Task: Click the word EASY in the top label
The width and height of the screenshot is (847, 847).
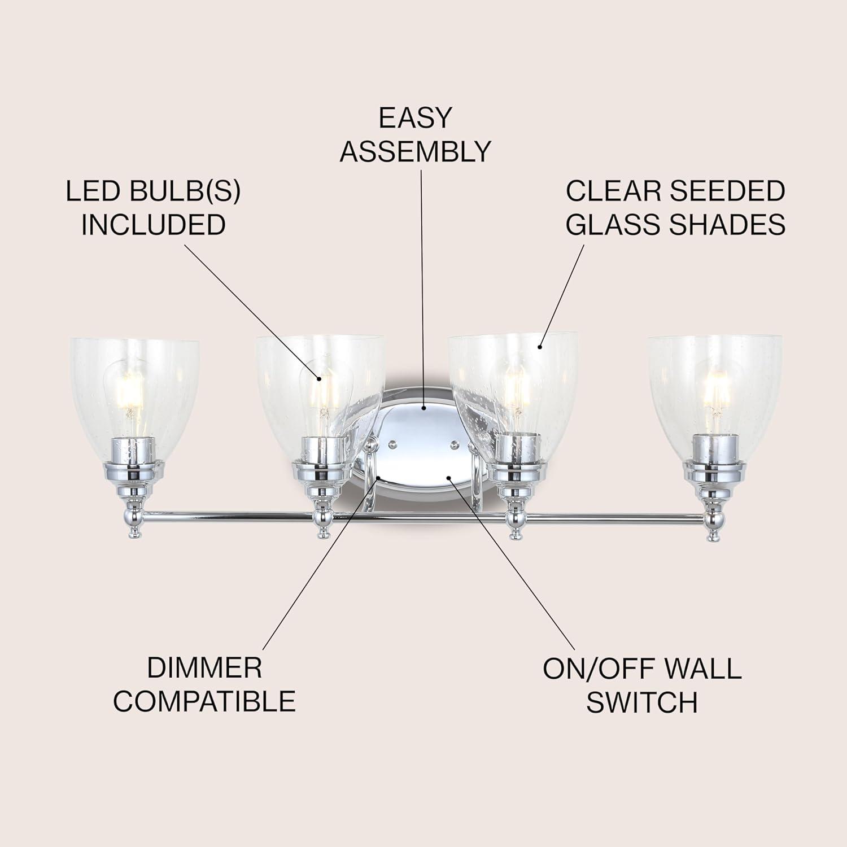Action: [x=416, y=117]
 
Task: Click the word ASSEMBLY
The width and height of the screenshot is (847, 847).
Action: [x=416, y=151]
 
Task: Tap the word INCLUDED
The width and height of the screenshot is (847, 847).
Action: [x=153, y=225]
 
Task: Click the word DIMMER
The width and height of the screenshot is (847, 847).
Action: [x=204, y=668]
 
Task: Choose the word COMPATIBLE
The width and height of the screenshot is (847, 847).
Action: [x=204, y=701]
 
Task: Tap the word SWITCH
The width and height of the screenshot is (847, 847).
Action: [x=642, y=702]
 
